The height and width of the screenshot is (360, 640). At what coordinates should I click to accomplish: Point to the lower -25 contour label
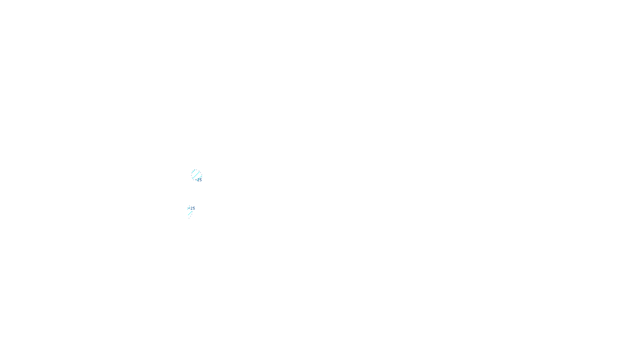(x=192, y=208)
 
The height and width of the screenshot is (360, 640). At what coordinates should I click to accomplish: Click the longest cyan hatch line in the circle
(x=196, y=175)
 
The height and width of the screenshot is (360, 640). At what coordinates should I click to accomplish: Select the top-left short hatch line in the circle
(x=193, y=171)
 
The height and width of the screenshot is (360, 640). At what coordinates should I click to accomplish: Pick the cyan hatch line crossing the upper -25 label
(x=199, y=178)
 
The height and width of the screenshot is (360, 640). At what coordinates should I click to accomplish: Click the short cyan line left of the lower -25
(x=188, y=208)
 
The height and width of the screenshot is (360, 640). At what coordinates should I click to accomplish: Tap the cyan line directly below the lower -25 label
(x=190, y=213)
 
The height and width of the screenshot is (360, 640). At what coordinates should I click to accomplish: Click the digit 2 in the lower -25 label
(x=192, y=208)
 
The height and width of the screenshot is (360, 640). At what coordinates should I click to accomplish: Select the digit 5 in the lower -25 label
(x=194, y=208)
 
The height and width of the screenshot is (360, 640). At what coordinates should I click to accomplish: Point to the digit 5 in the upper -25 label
(x=200, y=180)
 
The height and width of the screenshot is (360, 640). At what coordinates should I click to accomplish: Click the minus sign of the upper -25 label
(x=196, y=180)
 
